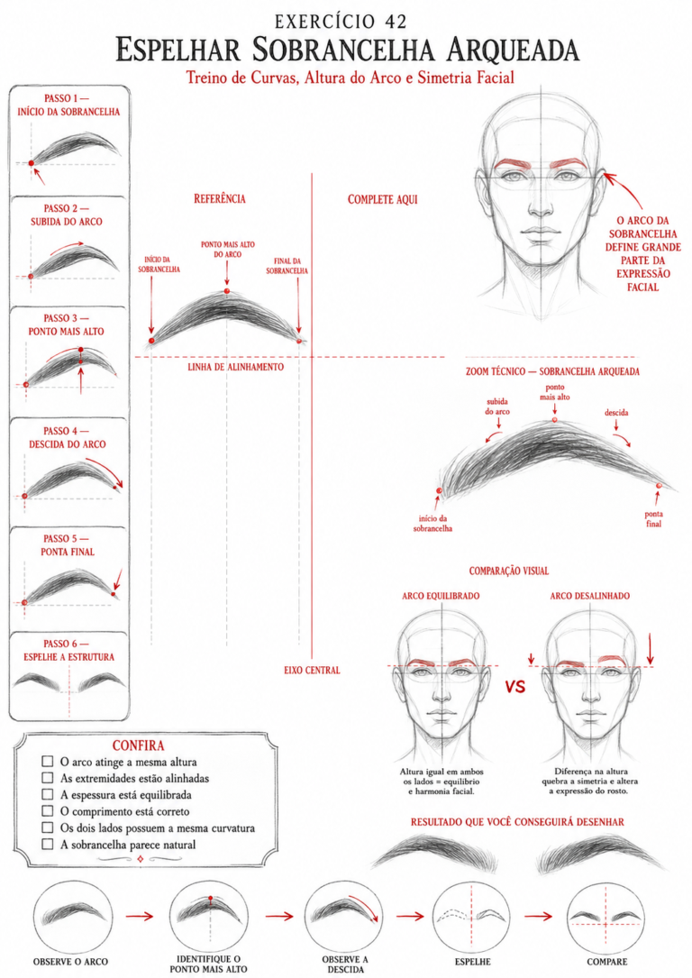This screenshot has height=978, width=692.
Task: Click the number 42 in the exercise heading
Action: tap(396, 22)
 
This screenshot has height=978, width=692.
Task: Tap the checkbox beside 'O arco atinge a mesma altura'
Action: tap(48, 761)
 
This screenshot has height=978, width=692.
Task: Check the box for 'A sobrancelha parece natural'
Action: tap(48, 844)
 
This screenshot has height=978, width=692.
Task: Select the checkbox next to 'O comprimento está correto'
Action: tap(48, 811)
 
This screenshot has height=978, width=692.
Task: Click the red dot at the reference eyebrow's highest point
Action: tap(227, 291)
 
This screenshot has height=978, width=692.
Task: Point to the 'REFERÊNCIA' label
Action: tap(220, 199)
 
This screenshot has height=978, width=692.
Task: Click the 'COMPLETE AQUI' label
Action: tap(383, 199)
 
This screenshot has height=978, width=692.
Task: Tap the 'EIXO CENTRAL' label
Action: tap(313, 670)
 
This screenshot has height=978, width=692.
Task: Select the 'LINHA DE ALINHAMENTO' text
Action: tap(236, 367)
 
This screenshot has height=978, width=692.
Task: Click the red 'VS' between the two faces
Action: tap(515, 687)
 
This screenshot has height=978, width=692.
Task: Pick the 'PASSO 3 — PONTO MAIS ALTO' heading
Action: tap(67, 325)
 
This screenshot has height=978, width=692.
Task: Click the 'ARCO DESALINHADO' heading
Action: tap(590, 596)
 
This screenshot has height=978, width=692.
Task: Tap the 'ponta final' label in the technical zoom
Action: tap(654, 519)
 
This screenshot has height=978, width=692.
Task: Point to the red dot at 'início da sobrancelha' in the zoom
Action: tap(439, 491)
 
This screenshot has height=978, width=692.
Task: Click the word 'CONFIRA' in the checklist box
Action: tap(139, 745)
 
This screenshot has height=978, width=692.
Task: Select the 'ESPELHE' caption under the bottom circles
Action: tap(472, 962)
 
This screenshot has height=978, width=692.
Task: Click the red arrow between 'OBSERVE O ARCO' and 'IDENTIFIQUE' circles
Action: tap(139, 916)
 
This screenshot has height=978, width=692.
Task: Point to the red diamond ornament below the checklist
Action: tap(140, 859)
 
